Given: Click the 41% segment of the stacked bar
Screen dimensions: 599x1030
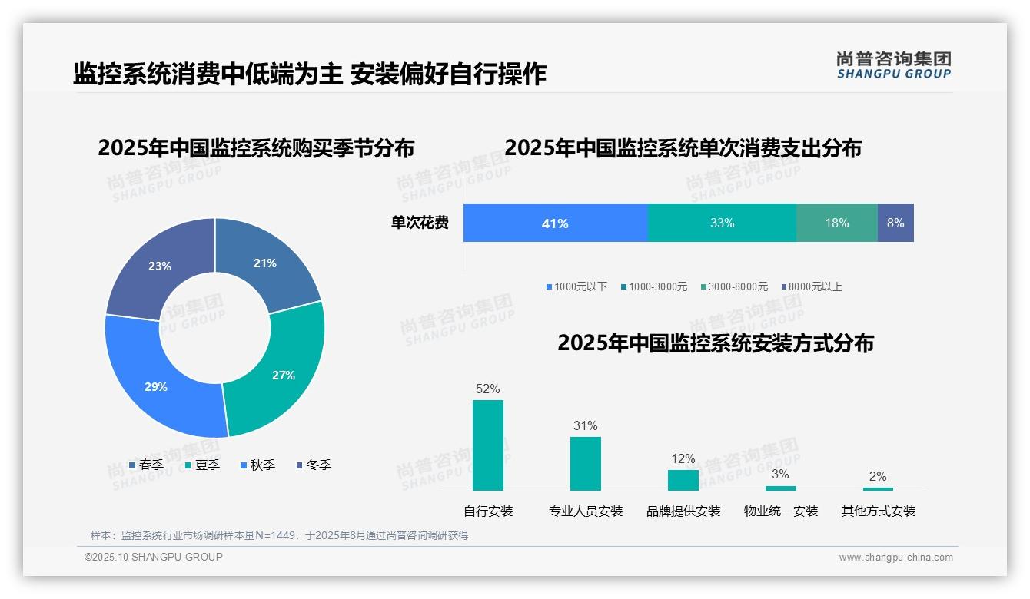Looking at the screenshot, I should [x=555, y=223].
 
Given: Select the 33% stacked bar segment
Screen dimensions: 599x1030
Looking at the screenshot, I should [x=722, y=223].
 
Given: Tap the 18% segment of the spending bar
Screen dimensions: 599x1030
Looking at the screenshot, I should [x=836, y=223].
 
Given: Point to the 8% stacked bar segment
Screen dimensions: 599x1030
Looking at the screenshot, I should [x=895, y=223].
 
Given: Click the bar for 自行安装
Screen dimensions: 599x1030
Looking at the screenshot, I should [x=488, y=445].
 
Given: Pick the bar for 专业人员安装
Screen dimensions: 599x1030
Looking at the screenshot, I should [x=586, y=464].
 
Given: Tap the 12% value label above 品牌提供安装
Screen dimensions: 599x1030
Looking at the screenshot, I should [x=683, y=459].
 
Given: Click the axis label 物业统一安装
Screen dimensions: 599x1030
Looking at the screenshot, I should [x=781, y=511].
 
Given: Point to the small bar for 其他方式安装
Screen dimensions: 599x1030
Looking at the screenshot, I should [x=878, y=488].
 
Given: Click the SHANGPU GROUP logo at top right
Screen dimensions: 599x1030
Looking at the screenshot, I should [x=893, y=65].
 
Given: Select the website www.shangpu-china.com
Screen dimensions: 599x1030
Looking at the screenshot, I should [x=895, y=558].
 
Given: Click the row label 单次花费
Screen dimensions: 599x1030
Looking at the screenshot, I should [x=420, y=223].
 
